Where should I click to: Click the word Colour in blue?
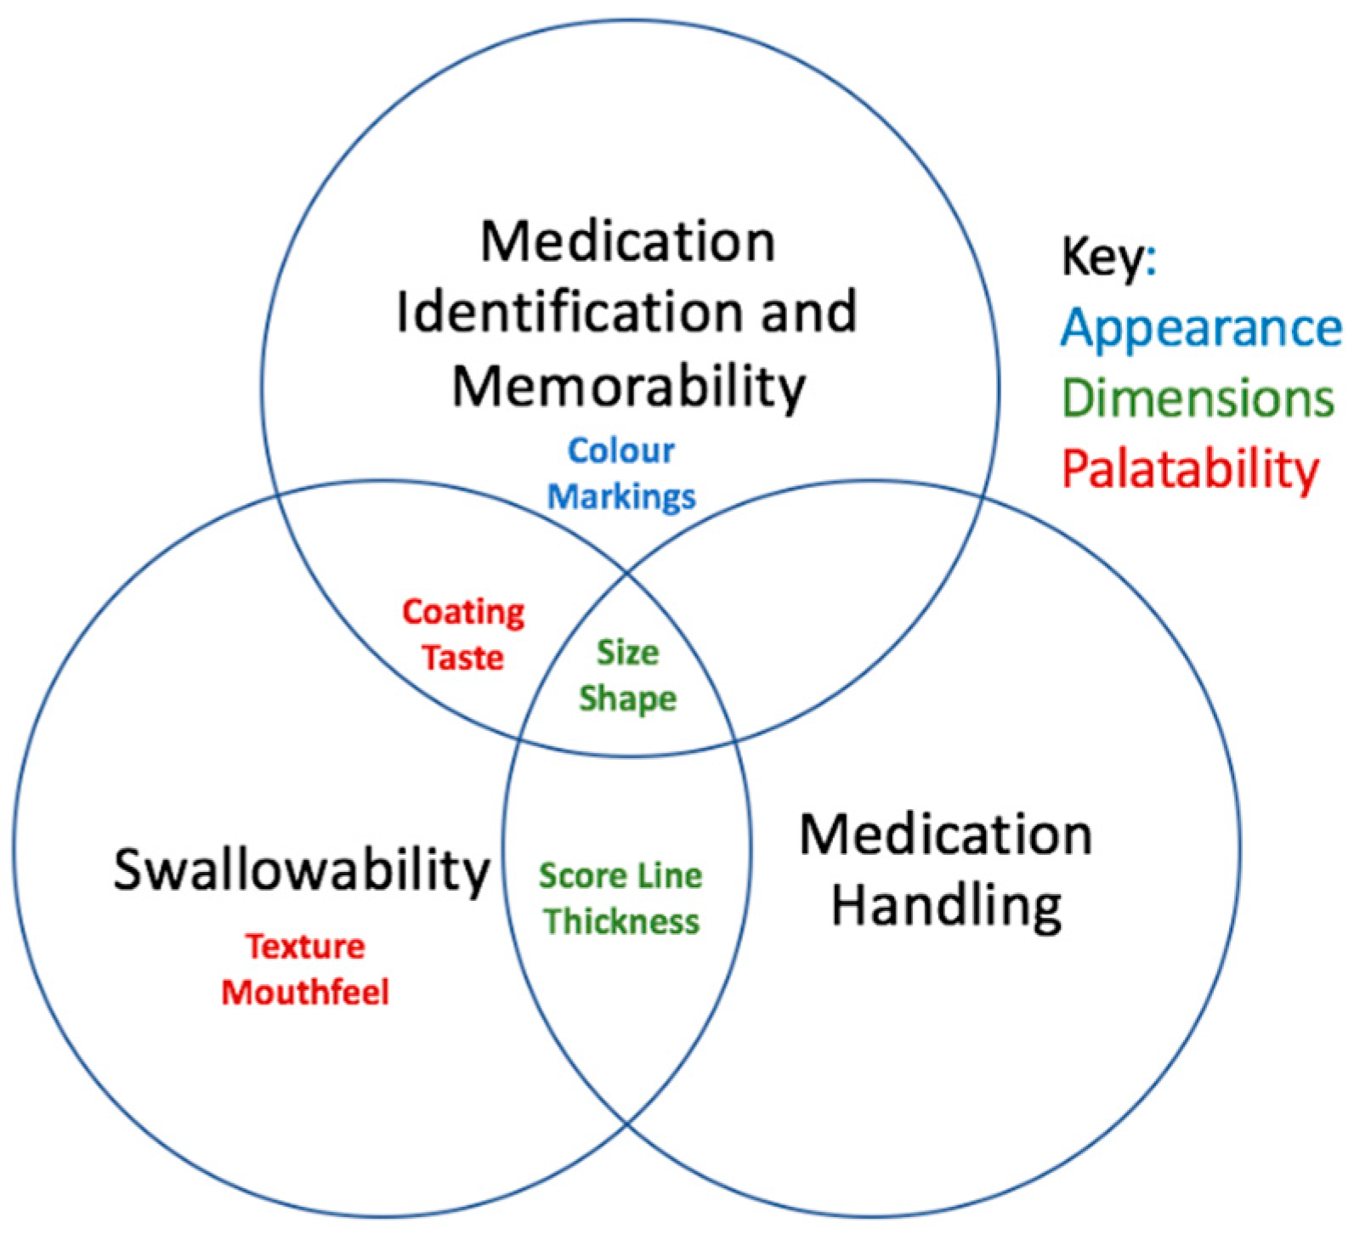pos(620,450)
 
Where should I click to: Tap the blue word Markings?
pos(621,495)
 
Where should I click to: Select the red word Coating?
pos(463,612)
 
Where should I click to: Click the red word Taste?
pos(463,657)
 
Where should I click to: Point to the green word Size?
pos(627,653)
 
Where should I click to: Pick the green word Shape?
pos(627,699)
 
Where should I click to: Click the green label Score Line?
pos(620,875)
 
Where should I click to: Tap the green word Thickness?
pos(621,920)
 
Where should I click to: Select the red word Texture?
pos(305,946)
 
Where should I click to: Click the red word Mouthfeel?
pos(305,992)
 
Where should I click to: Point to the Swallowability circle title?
pos(302,869)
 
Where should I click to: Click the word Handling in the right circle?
pos(946,905)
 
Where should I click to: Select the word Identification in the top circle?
pos(544,311)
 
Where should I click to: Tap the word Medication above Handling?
pos(946,835)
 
